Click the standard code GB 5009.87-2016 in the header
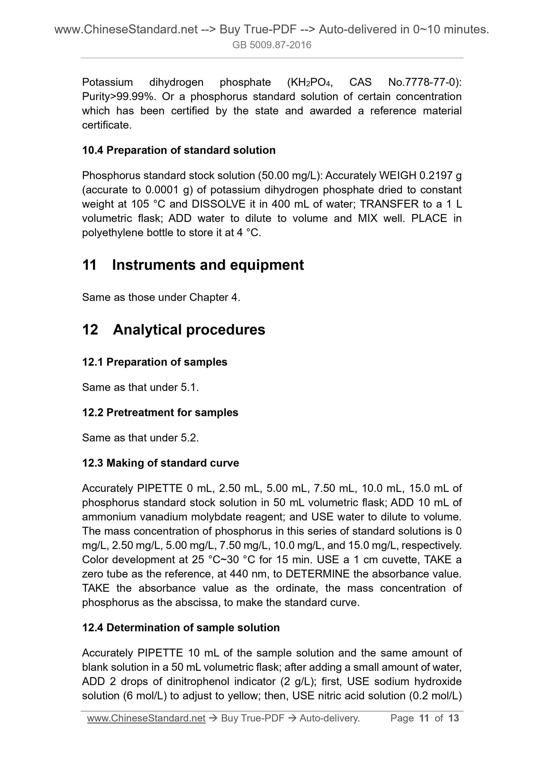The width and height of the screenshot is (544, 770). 272,45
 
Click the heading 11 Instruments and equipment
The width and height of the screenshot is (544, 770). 193,265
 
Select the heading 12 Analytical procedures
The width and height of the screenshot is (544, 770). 174,330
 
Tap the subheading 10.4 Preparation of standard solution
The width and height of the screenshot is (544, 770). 179,150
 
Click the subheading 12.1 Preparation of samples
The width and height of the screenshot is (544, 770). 155,362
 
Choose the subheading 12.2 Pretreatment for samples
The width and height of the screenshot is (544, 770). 160,412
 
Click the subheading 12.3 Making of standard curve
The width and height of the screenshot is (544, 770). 160,463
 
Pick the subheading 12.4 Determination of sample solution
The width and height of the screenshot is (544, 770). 181,628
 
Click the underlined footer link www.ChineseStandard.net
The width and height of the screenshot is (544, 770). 146,718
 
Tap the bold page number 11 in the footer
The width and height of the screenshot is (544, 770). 424,718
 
